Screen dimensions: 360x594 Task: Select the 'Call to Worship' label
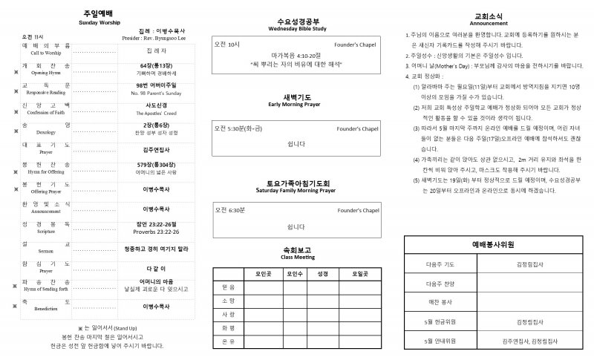[46, 53]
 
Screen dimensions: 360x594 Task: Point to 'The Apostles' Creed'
[157, 114]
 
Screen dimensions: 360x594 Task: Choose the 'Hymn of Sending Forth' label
[46, 288]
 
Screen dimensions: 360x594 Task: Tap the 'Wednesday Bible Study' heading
[297, 29]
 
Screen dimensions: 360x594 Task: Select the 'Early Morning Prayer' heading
[296, 105]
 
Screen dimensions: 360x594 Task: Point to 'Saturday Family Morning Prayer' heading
[296, 189]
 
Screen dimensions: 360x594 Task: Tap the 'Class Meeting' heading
[296, 257]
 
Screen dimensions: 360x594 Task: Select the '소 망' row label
[228, 301]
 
